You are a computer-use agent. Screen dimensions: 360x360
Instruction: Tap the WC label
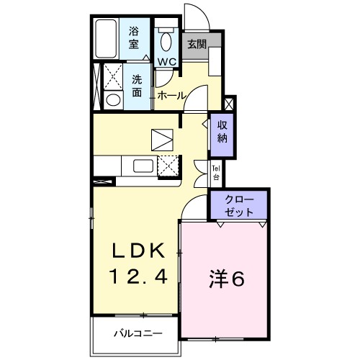coord(167,62)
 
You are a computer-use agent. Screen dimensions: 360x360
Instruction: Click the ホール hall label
coord(171,95)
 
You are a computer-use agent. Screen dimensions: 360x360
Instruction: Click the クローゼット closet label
coord(239,206)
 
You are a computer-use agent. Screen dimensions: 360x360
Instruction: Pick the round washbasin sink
coord(112,100)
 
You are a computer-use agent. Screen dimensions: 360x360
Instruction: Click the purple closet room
coord(239,206)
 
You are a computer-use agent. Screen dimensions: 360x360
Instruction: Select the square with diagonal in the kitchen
coord(163,137)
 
